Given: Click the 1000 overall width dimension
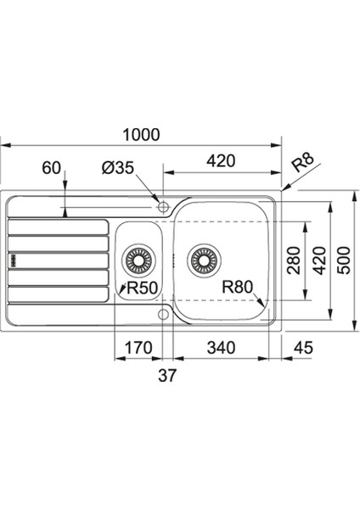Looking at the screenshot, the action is click(141, 135).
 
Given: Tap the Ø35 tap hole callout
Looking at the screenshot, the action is click(118, 168).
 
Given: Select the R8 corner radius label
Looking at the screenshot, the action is click(303, 162).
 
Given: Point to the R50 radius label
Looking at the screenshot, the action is click(142, 288).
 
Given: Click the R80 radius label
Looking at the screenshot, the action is click(237, 287).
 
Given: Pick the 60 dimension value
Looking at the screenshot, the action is click(51, 168).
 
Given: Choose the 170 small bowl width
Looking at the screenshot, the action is click(138, 348).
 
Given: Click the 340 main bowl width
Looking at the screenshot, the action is click(221, 348).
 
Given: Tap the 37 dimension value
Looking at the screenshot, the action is click(167, 375).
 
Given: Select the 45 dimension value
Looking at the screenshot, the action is click(303, 348).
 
